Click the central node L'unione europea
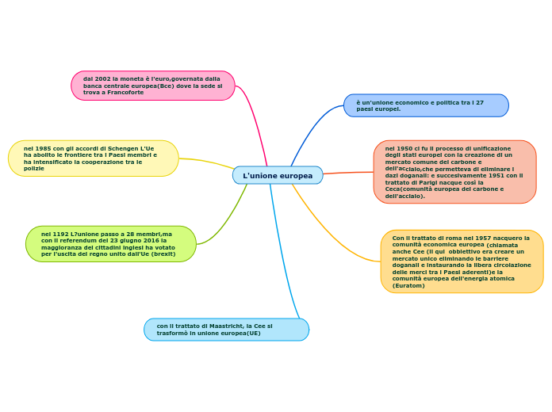pos(278,175)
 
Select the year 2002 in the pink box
pos(102,79)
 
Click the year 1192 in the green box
pos(59,234)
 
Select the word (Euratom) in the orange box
pos(408,285)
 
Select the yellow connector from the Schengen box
pos(208,162)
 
